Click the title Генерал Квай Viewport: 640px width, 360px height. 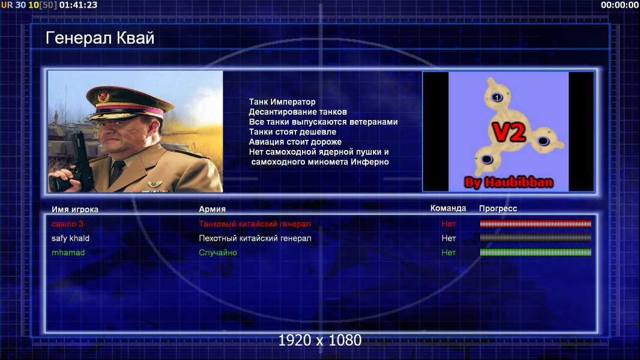click(100, 38)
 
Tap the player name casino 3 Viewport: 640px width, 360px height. click(67, 224)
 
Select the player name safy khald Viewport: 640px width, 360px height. click(70, 238)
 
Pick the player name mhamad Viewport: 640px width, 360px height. click(68, 253)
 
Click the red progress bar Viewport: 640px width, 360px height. click(536, 223)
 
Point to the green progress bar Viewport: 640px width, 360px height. click(536, 253)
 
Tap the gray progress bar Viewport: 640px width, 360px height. click(536, 238)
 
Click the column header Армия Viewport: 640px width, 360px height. click(213, 209)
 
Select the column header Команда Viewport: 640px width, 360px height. click(448, 208)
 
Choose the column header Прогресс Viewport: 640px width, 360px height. click(498, 209)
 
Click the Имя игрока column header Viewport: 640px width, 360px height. click(74, 209)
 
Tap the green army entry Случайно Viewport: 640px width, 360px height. click(218, 253)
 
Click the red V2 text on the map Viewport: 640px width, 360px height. click(509, 132)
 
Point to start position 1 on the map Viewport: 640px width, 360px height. click(497, 97)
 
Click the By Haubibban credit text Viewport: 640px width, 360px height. click(509, 182)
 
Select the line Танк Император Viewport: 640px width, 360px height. click(282, 102)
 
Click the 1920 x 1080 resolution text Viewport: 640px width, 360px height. click(320, 340)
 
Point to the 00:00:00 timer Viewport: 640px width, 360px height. click(620, 5)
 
